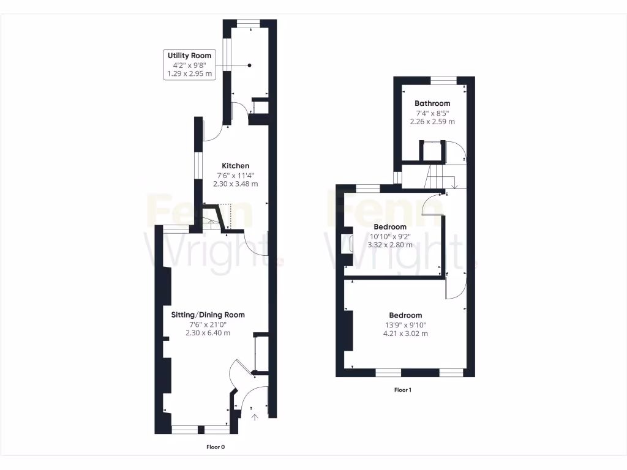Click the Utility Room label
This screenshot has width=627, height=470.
pyautogui.click(x=190, y=56)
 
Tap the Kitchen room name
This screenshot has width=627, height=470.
pyautogui.click(x=235, y=166)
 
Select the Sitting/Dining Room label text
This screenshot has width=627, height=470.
pyautogui.click(x=208, y=315)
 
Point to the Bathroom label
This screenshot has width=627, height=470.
pyautogui.click(x=432, y=103)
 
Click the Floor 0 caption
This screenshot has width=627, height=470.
pyautogui.click(x=215, y=447)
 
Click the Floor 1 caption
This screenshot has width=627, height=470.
pyautogui.click(x=402, y=390)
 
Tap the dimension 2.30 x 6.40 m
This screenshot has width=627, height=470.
pyautogui.click(x=208, y=333)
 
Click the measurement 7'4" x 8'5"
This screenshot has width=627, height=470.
pyautogui.click(x=432, y=113)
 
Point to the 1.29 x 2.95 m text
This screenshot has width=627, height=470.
pyautogui.click(x=190, y=74)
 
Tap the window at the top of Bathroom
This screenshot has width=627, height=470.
pyautogui.click(x=443, y=80)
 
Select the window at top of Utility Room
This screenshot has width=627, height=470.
pyautogui.click(x=249, y=23)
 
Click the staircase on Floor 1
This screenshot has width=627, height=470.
pyautogui.click(x=439, y=177)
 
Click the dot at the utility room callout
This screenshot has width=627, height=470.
pyautogui.click(x=249, y=65)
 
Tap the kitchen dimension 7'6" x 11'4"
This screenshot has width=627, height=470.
pyautogui.click(x=235, y=175)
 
